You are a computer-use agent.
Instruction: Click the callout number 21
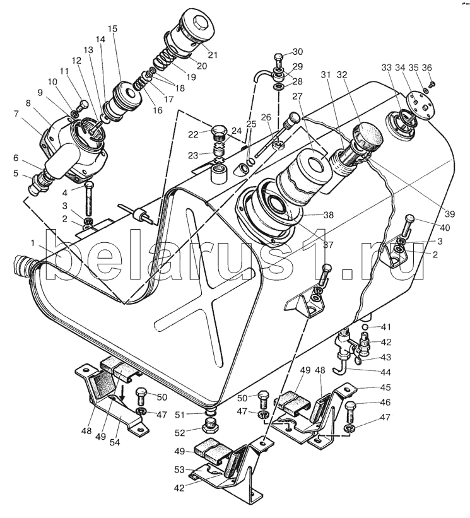tap(213, 55)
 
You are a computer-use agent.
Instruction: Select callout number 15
tap(112, 29)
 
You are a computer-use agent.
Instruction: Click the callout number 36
tap(426, 68)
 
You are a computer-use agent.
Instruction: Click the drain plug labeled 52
tap(210, 425)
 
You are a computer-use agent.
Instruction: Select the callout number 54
tap(115, 442)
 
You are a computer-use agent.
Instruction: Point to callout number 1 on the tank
tap(32, 244)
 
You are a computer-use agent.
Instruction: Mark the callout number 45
tap(385, 387)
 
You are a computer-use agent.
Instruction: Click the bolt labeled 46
tap(351, 411)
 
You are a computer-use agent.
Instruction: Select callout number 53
tap(179, 469)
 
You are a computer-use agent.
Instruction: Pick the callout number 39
tap(450, 214)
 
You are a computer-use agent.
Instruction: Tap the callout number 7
tap(16, 114)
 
